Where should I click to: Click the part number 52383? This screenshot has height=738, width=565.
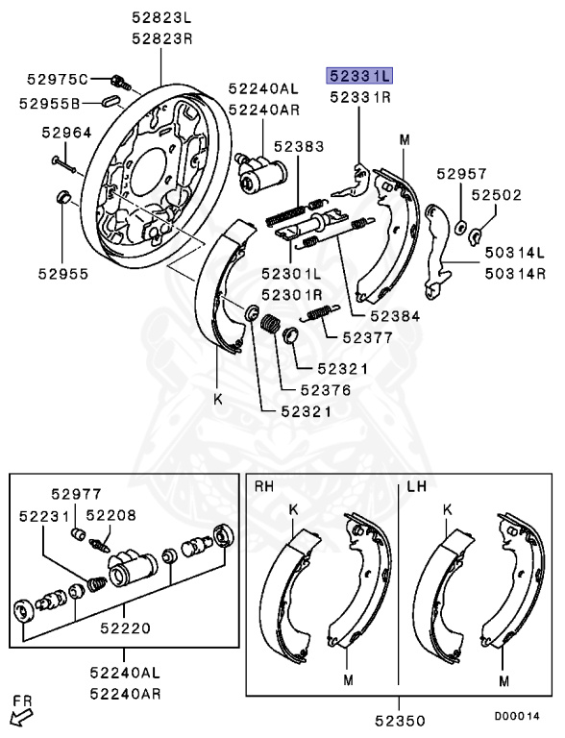(298, 146)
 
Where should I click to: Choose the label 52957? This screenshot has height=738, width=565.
(461, 174)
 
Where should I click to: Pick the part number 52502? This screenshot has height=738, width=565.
(495, 195)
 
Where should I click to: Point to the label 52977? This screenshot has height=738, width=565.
(77, 494)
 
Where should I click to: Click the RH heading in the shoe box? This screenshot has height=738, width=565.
(264, 487)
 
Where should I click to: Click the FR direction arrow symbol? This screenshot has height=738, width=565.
(18, 714)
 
